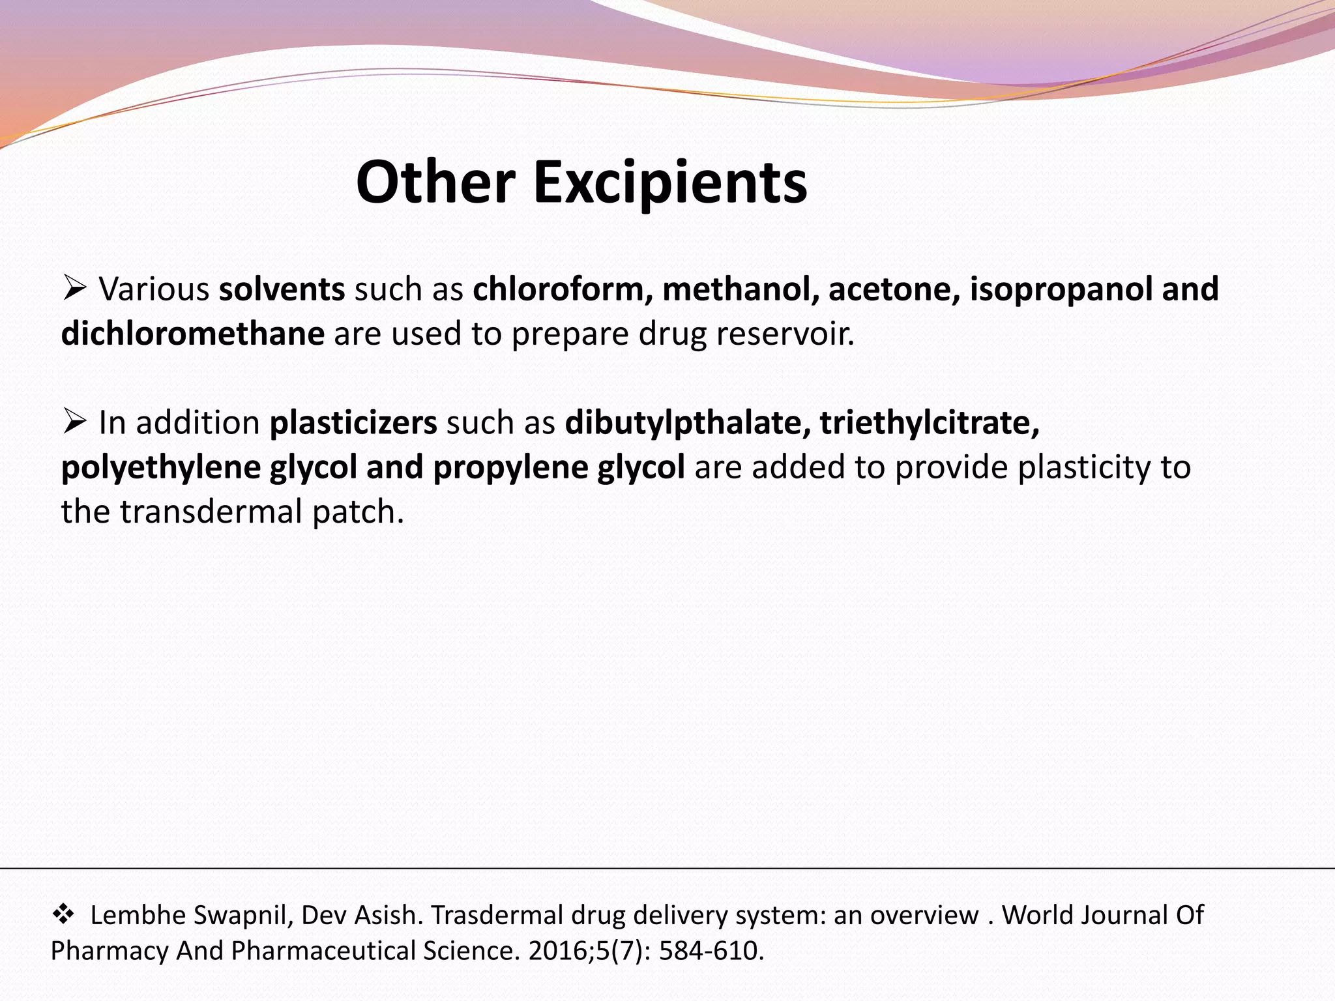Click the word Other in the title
coord(435,182)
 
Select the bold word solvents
coord(282,289)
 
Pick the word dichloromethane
coord(193,334)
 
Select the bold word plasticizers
coord(353,423)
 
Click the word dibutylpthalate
coord(687,423)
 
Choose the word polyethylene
coord(161,468)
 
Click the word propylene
coord(510,468)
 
